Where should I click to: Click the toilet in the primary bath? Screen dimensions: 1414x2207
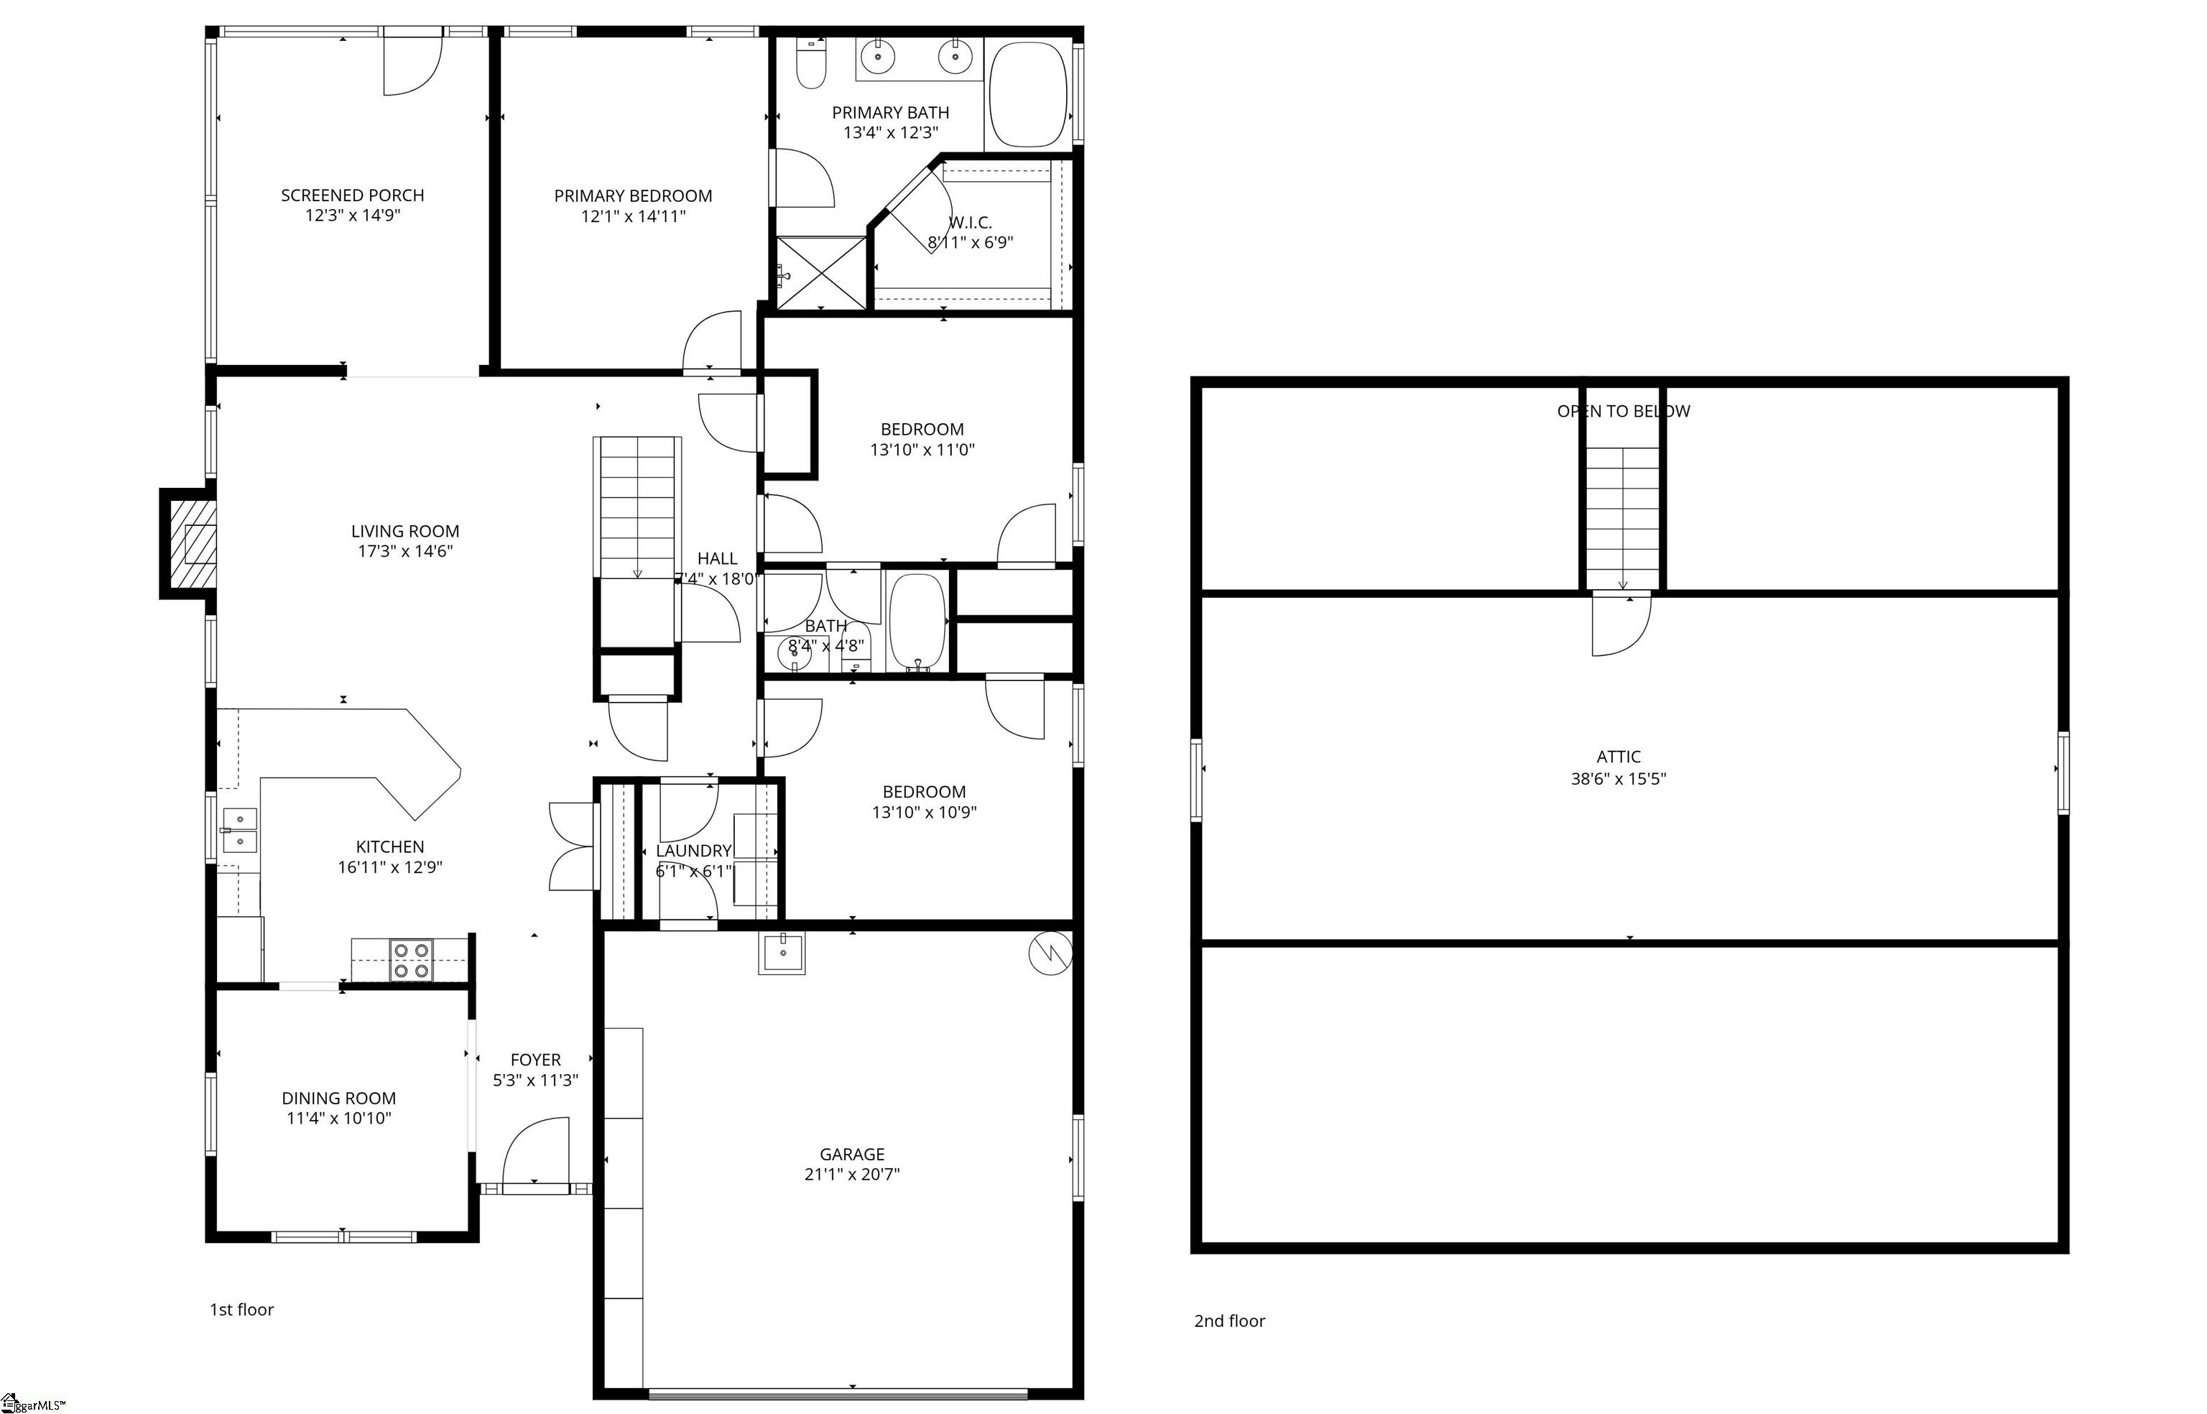click(x=810, y=63)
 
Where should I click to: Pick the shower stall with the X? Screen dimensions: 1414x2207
click(x=822, y=273)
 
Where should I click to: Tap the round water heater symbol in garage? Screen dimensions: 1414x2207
click(x=1050, y=954)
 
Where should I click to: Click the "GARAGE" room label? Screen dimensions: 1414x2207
click(x=852, y=1154)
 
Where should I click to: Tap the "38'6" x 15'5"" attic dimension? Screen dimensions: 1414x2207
click(x=1618, y=779)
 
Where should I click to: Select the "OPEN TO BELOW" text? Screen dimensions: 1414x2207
click(x=1622, y=412)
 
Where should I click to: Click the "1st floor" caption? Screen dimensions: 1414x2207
click(x=241, y=1309)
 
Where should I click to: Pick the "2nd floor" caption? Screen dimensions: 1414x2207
click(x=1229, y=1321)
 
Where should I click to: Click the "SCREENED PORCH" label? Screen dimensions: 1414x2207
click(x=353, y=195)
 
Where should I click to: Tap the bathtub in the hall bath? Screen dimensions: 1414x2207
click(x=916, y=622)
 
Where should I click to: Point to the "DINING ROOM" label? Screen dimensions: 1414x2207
click(x=339, y=1098)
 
